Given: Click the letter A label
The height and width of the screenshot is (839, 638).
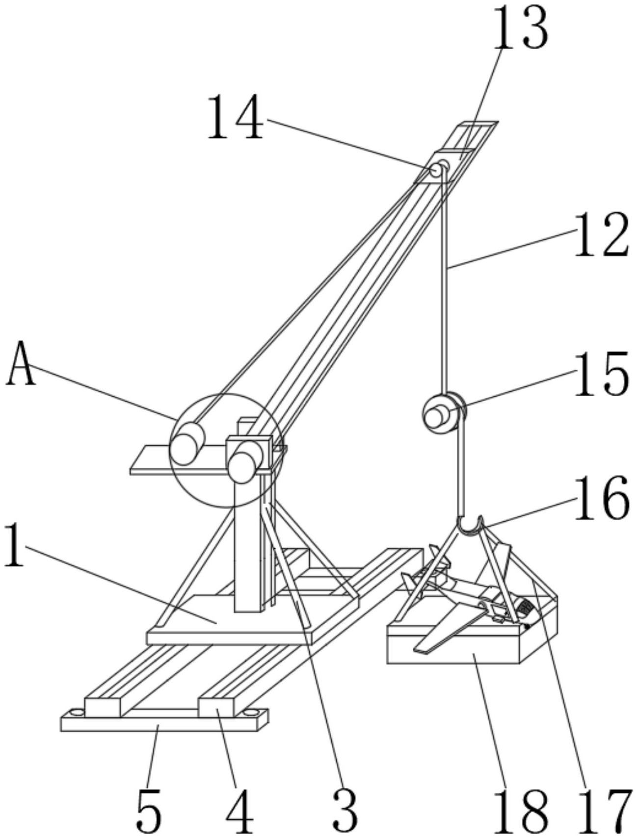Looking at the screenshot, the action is coord(21,363).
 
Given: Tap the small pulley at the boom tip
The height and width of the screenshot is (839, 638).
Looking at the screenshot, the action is coord(436,170).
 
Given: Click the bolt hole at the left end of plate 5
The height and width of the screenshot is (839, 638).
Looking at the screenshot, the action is coord(75,711).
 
